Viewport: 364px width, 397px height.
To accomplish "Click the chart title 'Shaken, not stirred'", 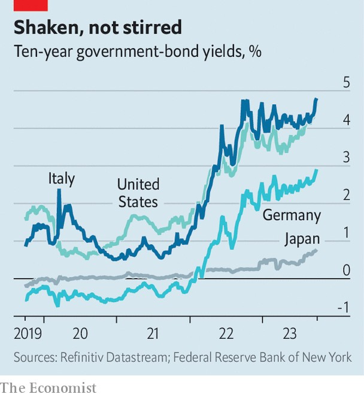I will (x=98, y=27).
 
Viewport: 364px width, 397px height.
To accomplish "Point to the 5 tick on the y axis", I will (x=346, y=82).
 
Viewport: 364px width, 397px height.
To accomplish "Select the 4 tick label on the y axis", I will (x=346, y=120).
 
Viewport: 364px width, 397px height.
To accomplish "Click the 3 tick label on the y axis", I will (x=346, y=158).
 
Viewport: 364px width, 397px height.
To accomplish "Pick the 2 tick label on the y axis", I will (x=346, y=196).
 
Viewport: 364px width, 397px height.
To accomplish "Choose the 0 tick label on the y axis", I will (x=346, y=270).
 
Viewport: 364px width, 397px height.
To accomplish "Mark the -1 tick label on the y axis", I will (x=343, y=308).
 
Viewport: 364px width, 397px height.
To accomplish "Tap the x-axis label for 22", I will (x=226, y=333).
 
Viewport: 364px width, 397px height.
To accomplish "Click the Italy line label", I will (x=62, y=179).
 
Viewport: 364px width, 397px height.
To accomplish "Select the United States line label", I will (x=138, y=193).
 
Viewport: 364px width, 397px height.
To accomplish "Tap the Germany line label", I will (x=292, y=215).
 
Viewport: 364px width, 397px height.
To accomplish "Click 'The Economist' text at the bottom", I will (x=48, y=387).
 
